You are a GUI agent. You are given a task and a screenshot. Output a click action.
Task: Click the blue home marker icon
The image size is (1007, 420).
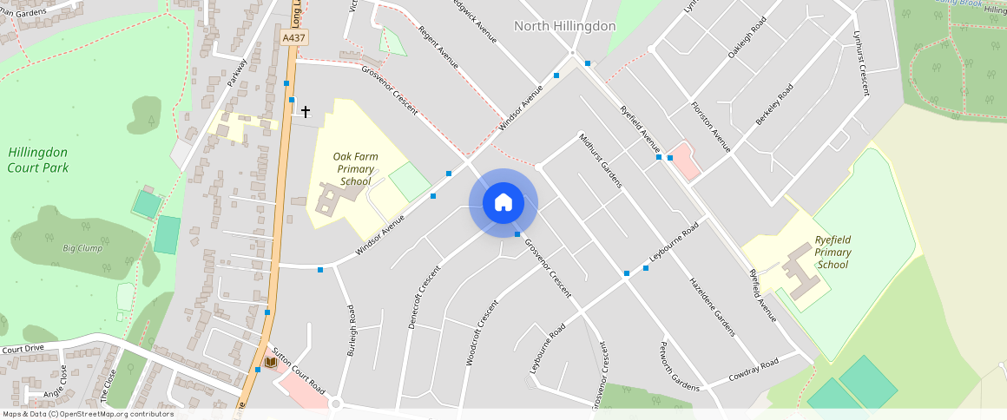click(x=503, y=203)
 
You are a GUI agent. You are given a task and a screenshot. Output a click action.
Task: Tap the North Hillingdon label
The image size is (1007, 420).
click(x=564, y=26)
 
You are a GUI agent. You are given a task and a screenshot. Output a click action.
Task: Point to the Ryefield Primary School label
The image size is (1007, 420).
click(x=832, y=253)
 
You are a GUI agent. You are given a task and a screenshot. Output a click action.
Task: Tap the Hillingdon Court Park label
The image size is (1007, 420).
click(x=38, y=160)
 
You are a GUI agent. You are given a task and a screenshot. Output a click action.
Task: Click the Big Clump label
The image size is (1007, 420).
click(x=82, y=248)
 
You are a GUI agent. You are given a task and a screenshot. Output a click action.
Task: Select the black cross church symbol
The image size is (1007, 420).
click(x=305, y=112)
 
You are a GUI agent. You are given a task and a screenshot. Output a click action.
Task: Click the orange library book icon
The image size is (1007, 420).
click(x=271, y=361)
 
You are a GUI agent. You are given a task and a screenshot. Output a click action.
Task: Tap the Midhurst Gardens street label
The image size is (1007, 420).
click(x=601, y=161)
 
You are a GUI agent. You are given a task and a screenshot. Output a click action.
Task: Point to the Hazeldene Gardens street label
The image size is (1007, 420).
click(x=712, y=306)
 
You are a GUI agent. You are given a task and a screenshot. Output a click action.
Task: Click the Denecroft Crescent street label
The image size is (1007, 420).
click(x=425, y=297)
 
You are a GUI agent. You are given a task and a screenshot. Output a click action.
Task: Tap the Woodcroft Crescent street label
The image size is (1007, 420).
click(x=483, y=332)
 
